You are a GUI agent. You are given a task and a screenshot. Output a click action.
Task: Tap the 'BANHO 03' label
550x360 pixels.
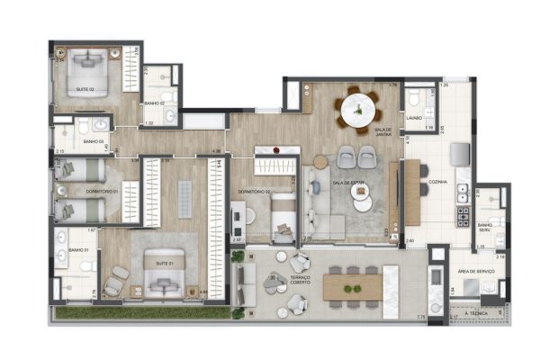pos(94,141)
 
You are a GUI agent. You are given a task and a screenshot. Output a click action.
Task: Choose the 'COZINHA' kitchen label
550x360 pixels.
pos(438,181)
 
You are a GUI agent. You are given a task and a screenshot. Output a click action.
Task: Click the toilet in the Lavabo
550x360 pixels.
pos(414,96)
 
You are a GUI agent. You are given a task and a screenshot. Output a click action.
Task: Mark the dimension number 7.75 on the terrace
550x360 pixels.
pos(420,317)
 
